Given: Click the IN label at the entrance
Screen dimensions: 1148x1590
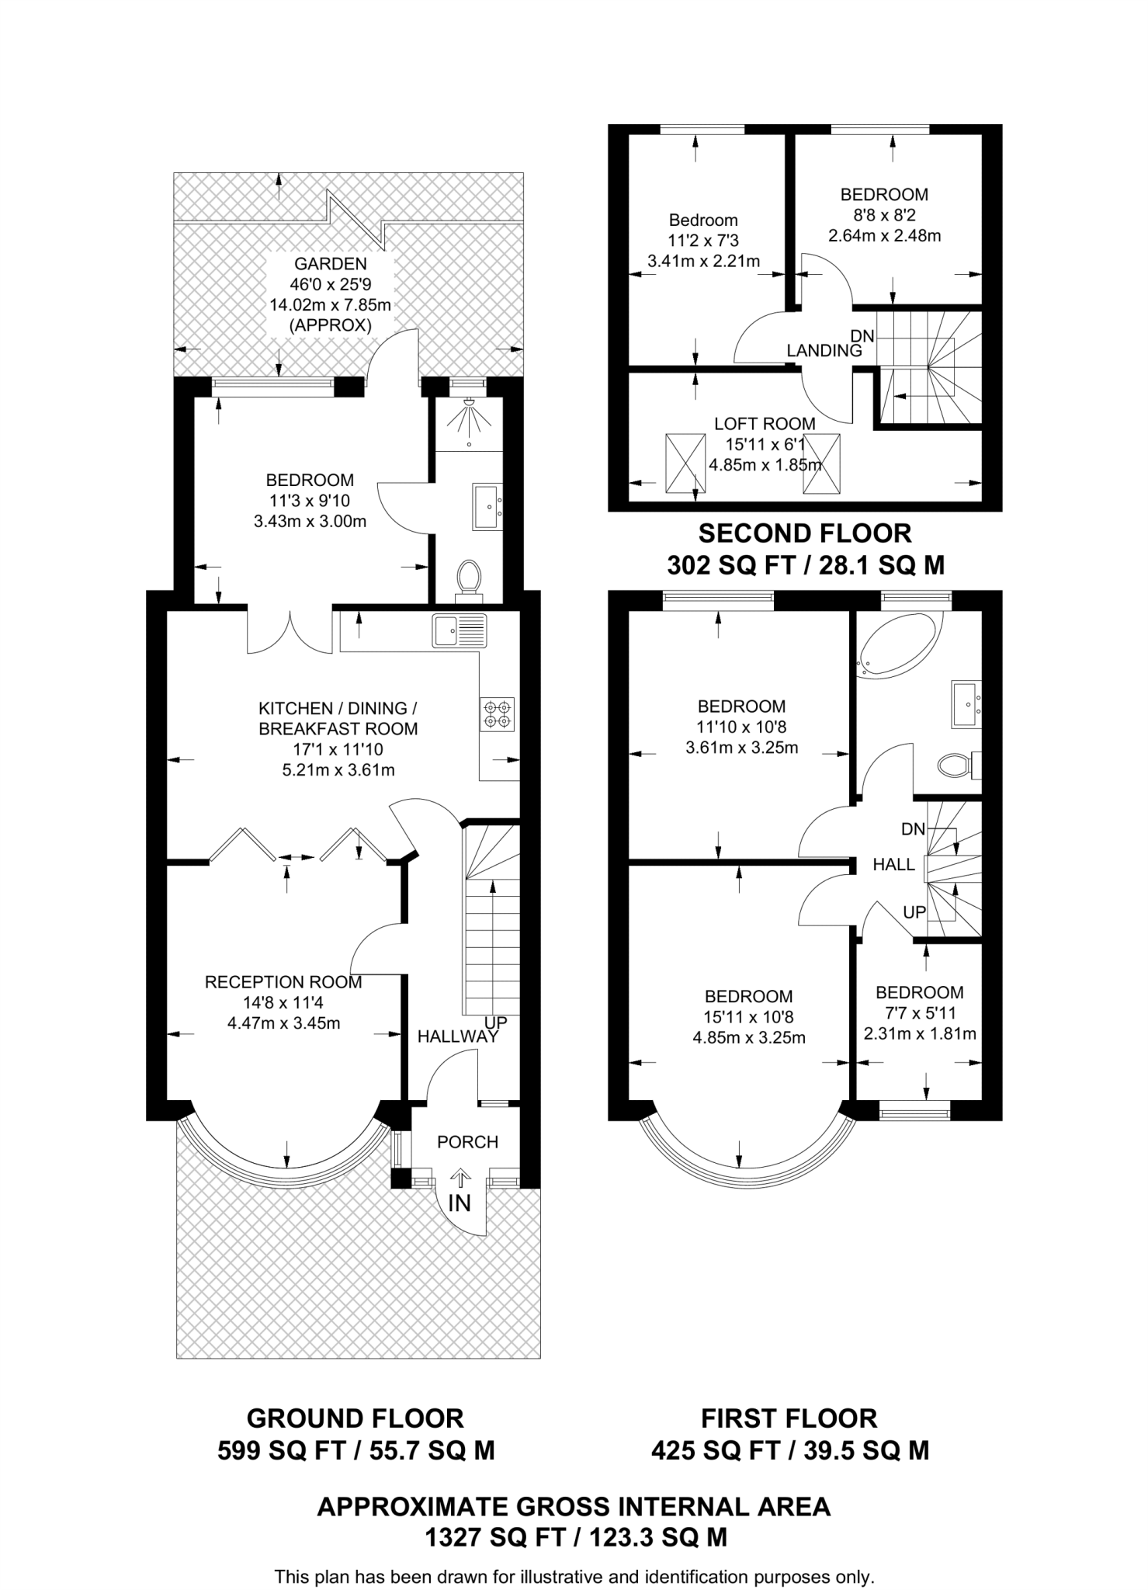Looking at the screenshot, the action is click(x=460, y=1203).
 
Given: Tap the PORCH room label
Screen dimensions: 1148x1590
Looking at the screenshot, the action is click(x=467, y=1142).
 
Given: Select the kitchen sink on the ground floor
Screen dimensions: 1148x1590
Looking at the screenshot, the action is click(x=460, y=630).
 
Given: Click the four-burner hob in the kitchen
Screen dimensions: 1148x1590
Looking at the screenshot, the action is click(x=498, y=714).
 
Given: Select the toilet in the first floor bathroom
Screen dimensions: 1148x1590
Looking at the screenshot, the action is click(x=959, y=765).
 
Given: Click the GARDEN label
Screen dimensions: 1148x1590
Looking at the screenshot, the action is click(x=331, y=264).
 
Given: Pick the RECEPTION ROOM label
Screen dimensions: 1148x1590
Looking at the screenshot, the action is click(x=283, y=982).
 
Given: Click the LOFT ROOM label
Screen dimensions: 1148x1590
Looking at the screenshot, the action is click(x=765, y=424).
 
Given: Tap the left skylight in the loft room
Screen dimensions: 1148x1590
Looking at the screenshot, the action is click(x=685, y=463).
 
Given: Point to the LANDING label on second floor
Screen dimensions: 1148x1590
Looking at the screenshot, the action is click(x=824, y=350).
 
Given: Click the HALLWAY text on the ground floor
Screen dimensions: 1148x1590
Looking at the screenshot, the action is click(x=457, y=1036).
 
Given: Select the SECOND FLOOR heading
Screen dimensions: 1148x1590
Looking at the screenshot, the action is click(x=805, y=533).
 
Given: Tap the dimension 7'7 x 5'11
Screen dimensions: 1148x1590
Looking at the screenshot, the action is click(x=920, y=1013).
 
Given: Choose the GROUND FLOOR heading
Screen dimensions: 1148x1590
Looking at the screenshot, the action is click(x=355, y=1418).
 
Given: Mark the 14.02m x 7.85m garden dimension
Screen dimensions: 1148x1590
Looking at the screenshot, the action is click(x=331, y=305).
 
